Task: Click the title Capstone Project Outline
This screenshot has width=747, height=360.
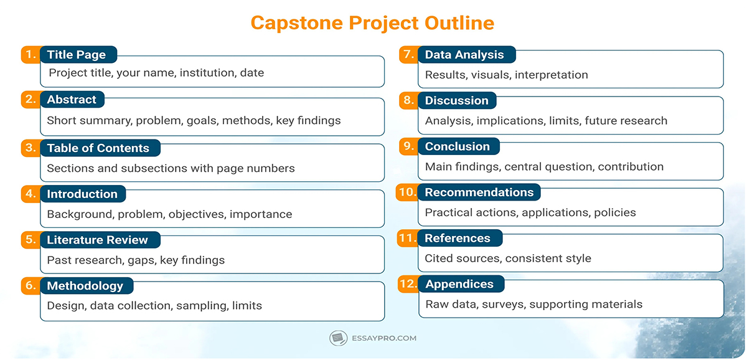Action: [x=372, y=23]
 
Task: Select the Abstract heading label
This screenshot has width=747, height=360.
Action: [x=72, y=100]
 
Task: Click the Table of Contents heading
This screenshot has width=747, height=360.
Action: [x=98, y=148]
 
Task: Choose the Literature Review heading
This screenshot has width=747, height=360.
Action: [x=97, y=240]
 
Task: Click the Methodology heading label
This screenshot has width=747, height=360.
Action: [x=85, y=286]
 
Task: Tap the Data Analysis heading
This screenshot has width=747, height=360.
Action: [x=464, y=55]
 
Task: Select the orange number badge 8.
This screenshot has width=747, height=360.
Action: [x=408, y=100]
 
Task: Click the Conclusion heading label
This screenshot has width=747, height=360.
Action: [x=458, y=146]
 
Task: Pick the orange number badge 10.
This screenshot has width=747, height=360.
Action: [x=406, y=192]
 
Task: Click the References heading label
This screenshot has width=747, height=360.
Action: [x=458, y=238]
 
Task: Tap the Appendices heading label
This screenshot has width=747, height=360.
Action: [x=459, y=284]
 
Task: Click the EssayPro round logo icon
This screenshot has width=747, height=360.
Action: [x=338, y=338]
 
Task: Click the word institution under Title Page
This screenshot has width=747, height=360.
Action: [x=209, y=73]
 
